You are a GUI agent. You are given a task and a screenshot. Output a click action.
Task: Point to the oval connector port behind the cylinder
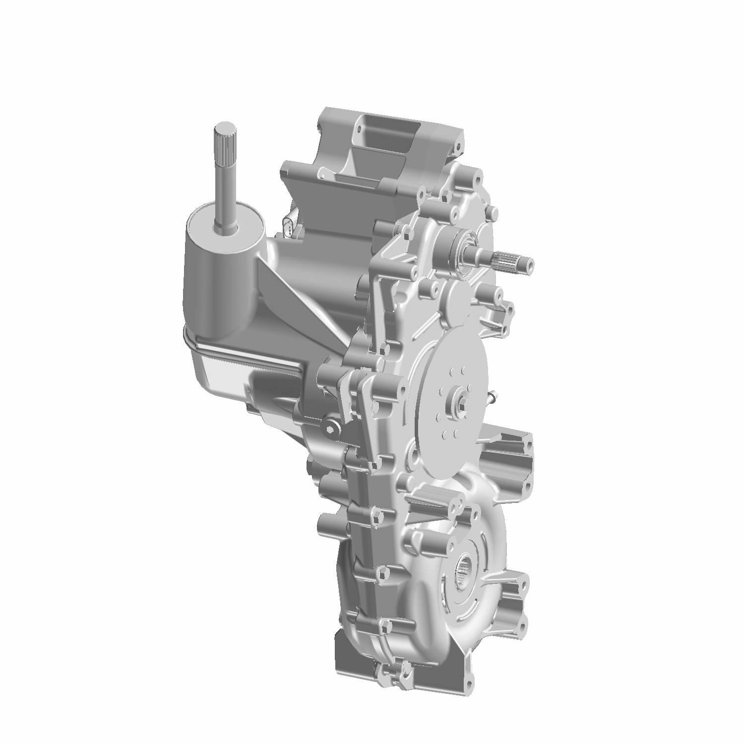click(x=291, y=229)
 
